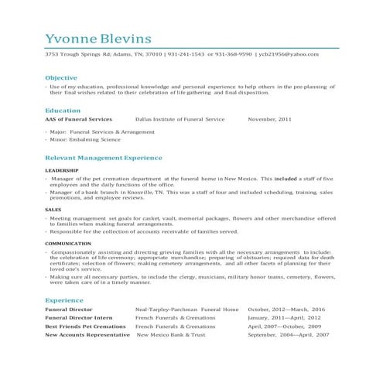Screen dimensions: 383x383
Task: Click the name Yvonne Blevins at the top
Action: coord(97,39)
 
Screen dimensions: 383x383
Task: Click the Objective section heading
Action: coord(61,78)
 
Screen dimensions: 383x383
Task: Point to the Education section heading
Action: coord(63,111)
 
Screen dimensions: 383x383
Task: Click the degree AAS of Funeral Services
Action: coord(78,120)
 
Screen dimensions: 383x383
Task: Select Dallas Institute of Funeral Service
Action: coord(180,120)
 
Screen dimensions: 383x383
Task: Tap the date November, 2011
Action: coord(269,120)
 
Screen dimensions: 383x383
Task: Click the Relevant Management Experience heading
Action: coord(104,157)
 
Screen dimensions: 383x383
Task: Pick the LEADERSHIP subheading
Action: coord(61,169)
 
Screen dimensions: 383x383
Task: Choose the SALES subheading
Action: coord(53,210)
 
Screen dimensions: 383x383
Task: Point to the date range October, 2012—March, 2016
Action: coord(286,309)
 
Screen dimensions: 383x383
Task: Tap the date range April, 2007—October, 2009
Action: coord(285,327)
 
